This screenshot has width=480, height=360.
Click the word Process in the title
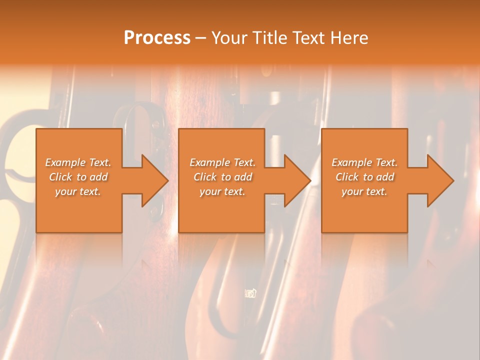(x=157, y=38)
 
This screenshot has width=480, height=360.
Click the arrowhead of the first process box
(x=155, y=180)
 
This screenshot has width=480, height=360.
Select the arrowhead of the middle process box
(x=297, y=180)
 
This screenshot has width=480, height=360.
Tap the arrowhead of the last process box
(x=440, y=180)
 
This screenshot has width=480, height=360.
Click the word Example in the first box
(x=65, y=162)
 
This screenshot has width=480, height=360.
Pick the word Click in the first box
(x=60, y=177)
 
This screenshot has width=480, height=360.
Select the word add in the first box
(x=99, y=177)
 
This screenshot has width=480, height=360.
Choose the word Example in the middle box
(x=209, y=162)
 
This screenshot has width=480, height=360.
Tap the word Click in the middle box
(x=205, y=177)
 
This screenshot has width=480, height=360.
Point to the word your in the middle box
(x=209, y=191)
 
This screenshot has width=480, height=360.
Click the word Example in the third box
(x=351, y=162)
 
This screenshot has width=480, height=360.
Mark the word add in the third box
(x=385, y=177)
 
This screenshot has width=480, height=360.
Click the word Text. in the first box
(x=99, y=162)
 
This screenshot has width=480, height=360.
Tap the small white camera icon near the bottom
(x=250, y=293)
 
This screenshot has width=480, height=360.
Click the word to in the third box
(x=368, y=177)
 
